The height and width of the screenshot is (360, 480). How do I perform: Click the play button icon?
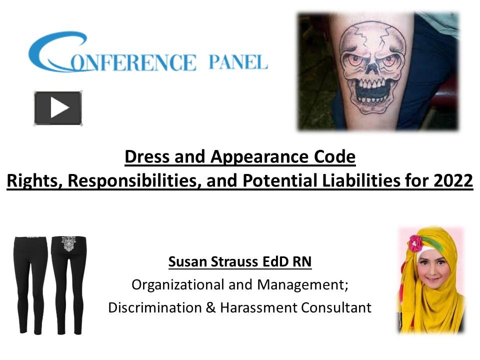coord(58,108)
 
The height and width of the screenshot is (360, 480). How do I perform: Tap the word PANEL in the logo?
coord(237,62)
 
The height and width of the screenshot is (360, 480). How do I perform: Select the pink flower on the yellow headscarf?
coord(414,243)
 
